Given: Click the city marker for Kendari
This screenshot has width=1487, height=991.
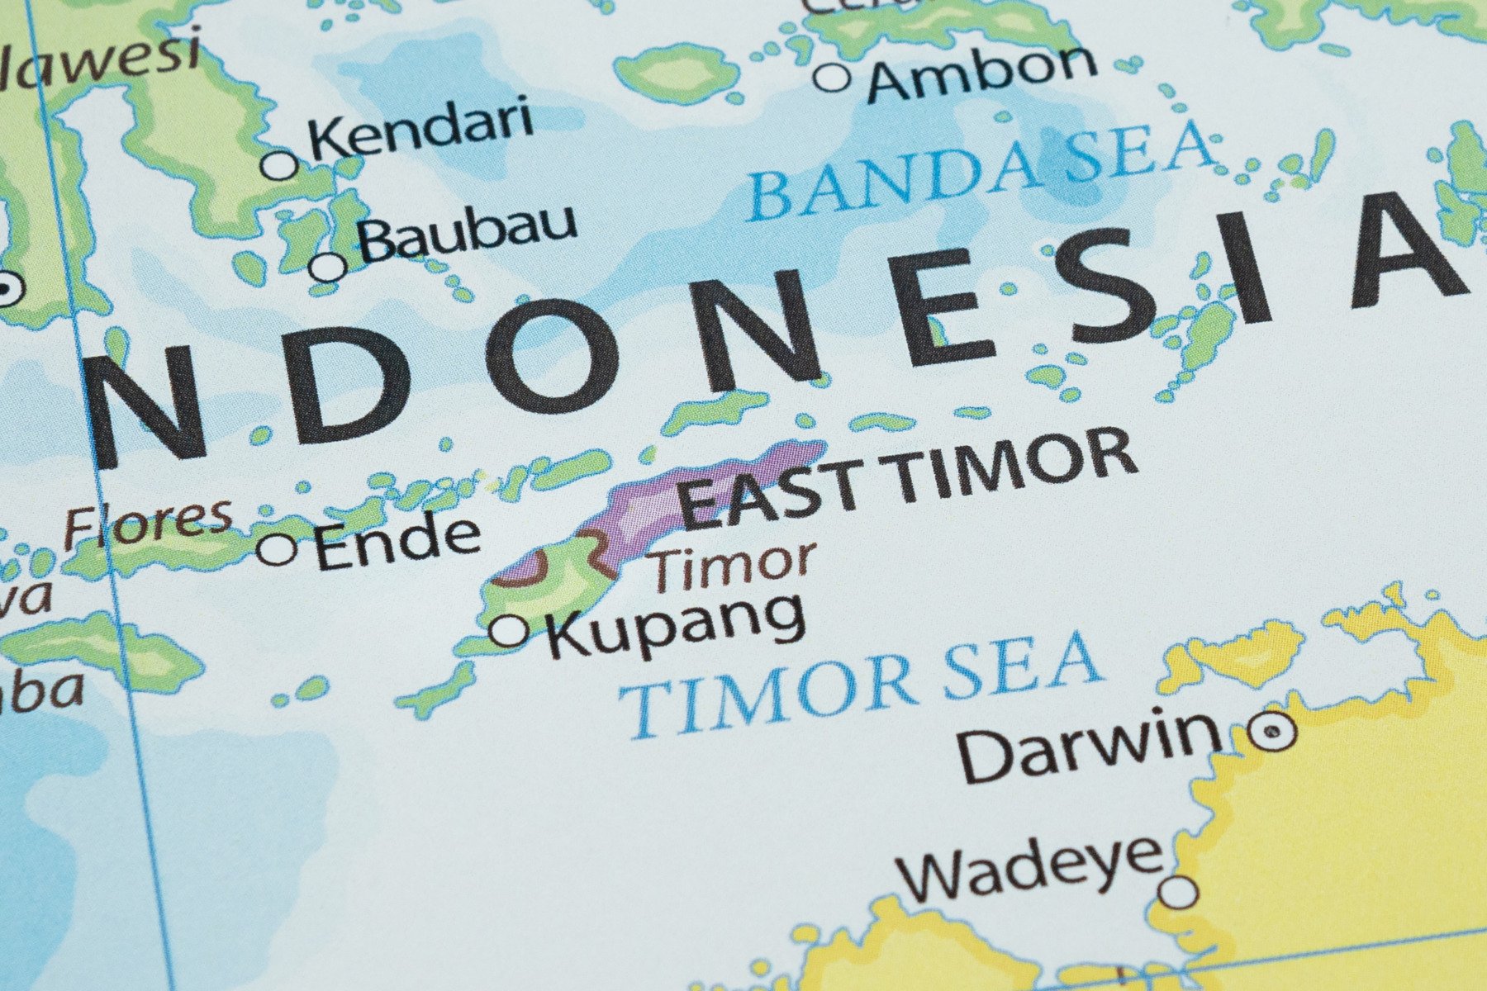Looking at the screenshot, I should coord(280,164).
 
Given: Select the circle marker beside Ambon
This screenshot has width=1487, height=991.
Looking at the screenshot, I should coord(833,78).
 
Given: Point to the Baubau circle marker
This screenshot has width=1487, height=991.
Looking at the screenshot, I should coord(328,267).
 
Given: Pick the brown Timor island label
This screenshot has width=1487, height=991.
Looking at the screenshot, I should coord(730,563).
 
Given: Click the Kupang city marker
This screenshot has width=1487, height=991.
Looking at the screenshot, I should coord(509,631).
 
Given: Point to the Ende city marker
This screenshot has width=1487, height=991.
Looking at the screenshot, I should coord(277,548).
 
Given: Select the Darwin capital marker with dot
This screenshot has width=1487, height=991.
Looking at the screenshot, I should coord(1273,730).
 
